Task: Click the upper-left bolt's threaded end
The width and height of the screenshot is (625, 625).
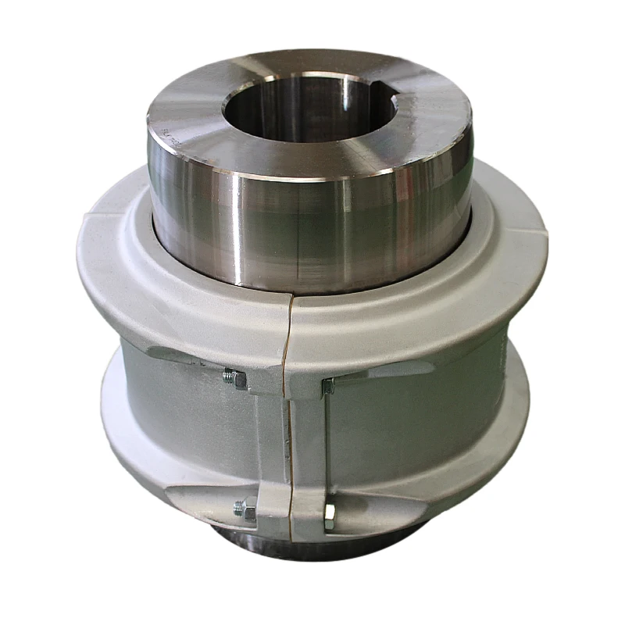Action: click(233, 378)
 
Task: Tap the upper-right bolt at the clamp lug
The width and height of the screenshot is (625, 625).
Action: click(329, 384)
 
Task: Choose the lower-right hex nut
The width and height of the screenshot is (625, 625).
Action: click(329, 514)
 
